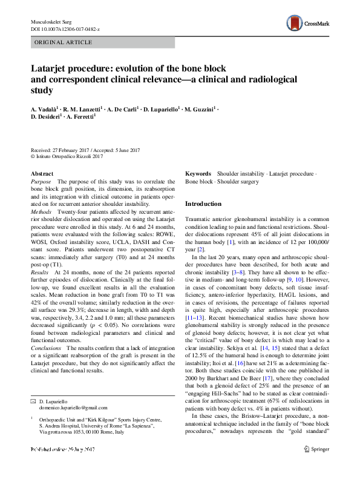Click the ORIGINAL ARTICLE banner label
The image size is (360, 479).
[x=64, y=42]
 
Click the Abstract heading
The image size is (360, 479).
[x=42, y=173]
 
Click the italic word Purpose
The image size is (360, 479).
[x=41, y=182]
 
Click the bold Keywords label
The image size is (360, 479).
[x=198, y=173]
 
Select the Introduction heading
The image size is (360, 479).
[x=203, y=204]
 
